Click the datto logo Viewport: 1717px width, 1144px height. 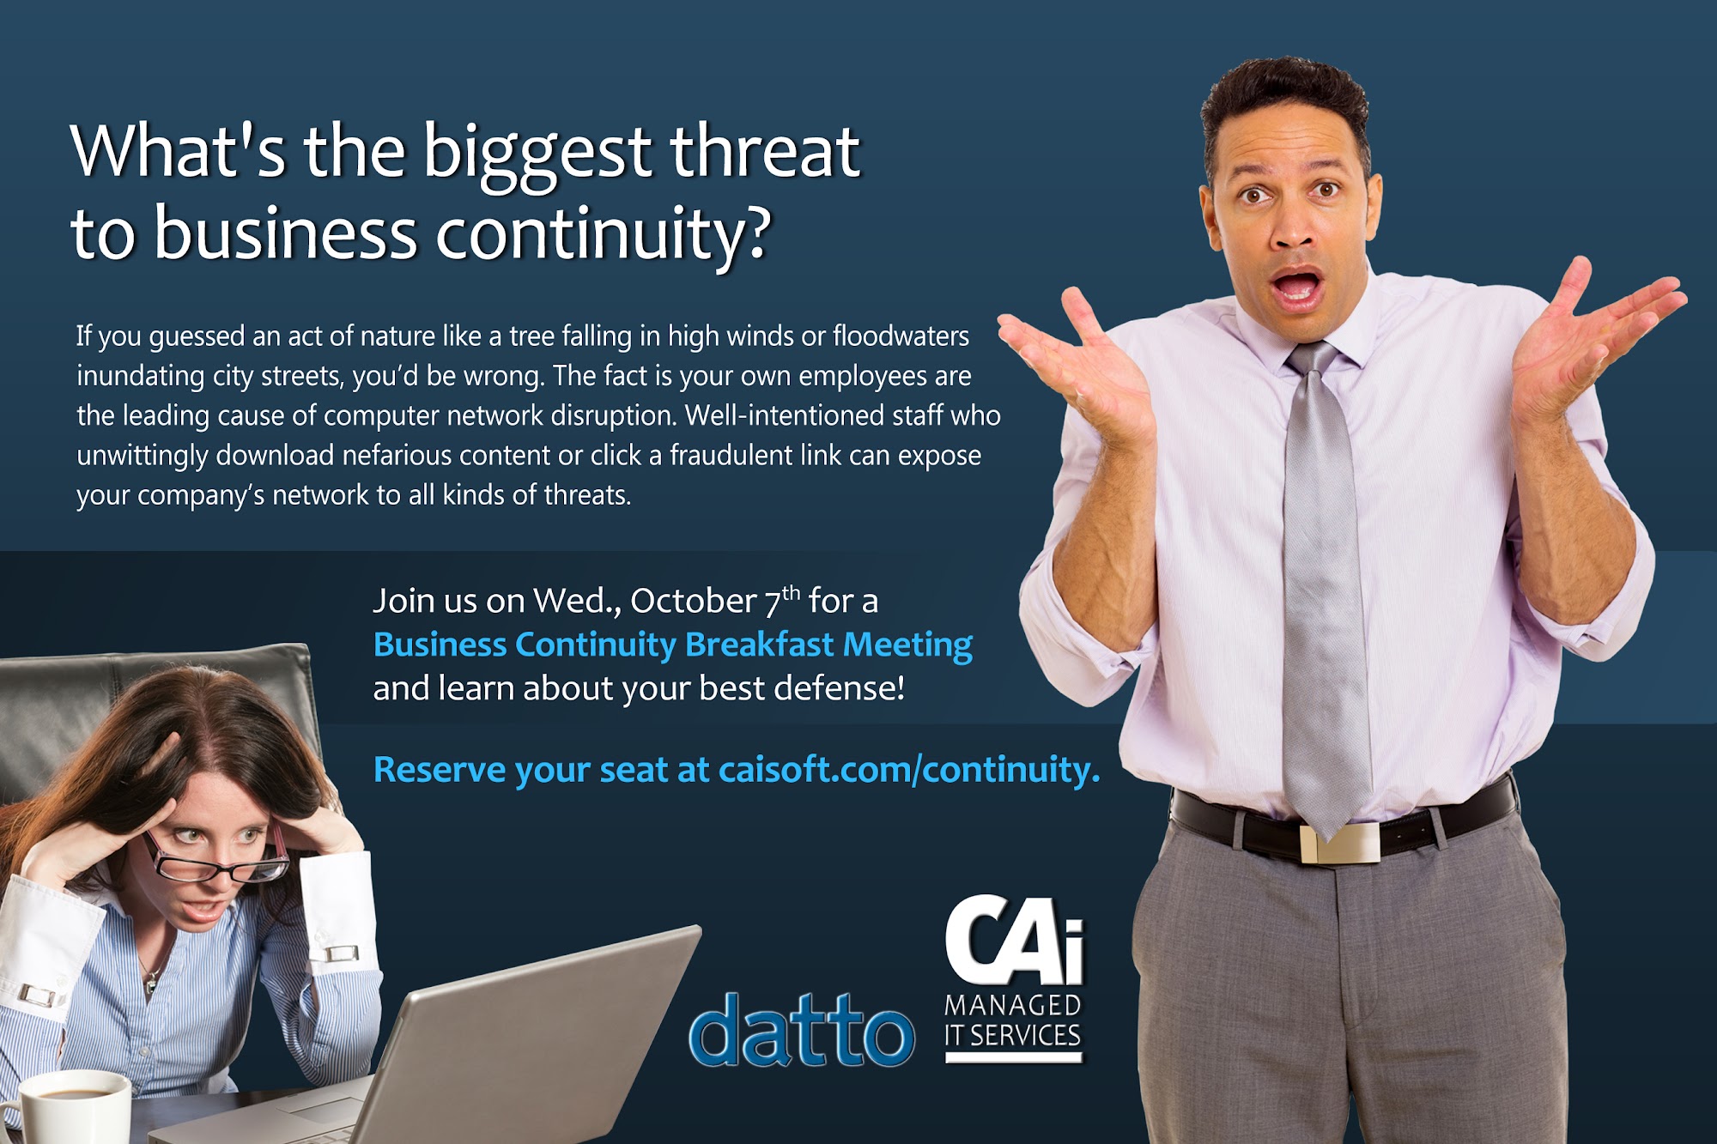(x=801, y=1029)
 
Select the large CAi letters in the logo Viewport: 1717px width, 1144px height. (x=1015, y=940)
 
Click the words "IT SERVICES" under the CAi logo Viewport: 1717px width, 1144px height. (x=1013, y=1035)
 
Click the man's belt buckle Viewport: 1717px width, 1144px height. (x=1339, y=842)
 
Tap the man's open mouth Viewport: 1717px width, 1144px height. (x=1296, y=288)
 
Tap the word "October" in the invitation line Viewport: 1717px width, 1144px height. (x=694, y=601)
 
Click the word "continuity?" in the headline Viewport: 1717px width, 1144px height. (x=603, y=233)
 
